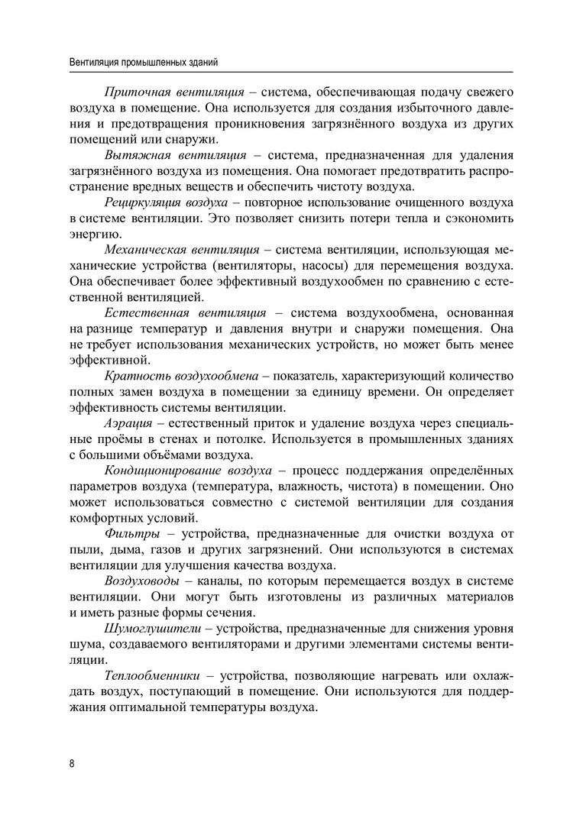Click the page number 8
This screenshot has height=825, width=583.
[x=71, y=763]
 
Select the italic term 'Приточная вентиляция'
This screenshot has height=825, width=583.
[x=174, y=92]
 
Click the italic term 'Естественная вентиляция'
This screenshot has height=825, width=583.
[x=185, y=313]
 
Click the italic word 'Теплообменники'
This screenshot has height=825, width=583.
[x=152, y=677]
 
